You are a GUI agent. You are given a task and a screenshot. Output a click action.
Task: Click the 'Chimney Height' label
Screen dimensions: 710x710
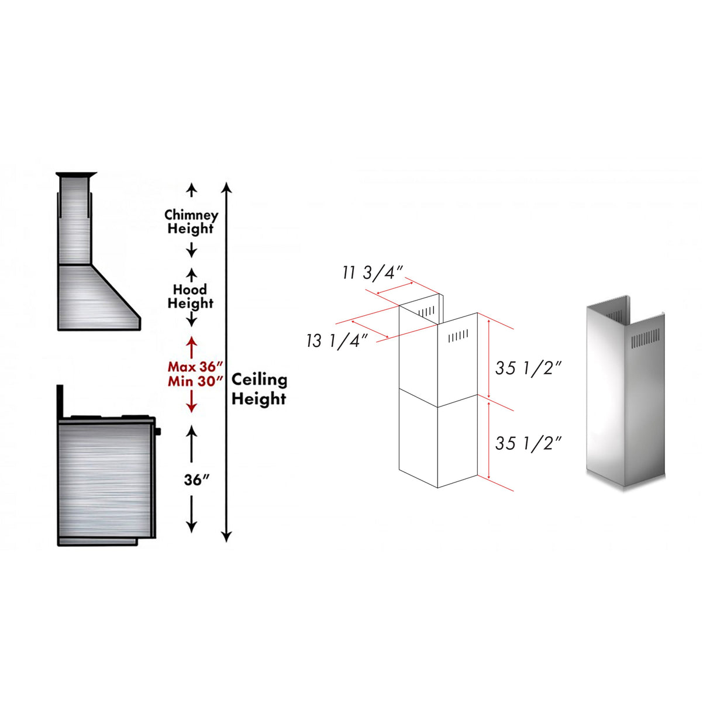pyautogui.click(x=191, y=222)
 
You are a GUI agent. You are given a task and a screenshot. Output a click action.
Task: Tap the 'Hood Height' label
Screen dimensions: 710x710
pyautogui.click(x=190, y=297)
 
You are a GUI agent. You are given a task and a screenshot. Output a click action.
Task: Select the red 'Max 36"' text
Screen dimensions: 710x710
pyautogui.click(x=195, y=367)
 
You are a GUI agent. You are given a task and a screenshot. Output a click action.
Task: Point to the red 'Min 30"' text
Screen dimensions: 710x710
pyautogui.click(x=195, y=381)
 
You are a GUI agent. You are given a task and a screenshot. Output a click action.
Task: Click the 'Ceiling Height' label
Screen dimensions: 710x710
pyautogui.click(x=259, y=390)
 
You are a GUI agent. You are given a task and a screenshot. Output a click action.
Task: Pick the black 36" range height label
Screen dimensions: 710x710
pyautogui.click(x=197, y=480)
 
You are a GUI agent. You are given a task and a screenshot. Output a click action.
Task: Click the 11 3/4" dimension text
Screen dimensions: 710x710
pyautogui.click(x=373, y=273)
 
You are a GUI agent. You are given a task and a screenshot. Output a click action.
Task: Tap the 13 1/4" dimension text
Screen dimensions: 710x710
pyautogui.click(x=336, y=340)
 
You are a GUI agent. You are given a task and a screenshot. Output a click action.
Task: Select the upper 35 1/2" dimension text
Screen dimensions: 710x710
pyautogui.click(x=529, y=368)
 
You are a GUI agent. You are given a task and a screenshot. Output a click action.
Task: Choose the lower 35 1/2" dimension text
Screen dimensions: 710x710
pyautogui.click(x=529, y=443)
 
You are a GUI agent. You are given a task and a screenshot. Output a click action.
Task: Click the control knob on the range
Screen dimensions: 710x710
pyautogui.click(x=157, y=432)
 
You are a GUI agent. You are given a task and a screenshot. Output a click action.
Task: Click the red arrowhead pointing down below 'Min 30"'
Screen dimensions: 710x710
pyautogui.click(x=191, y=408)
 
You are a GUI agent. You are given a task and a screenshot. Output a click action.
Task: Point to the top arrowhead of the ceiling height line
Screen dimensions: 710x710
pyautogui.click(x=227, y=187)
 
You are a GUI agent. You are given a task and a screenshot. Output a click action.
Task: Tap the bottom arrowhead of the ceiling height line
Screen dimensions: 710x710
pyautogui.click(x=227, y=536)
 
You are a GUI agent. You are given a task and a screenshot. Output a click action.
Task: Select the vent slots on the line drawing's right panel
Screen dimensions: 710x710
pyautogui.click(x=459, y=336)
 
